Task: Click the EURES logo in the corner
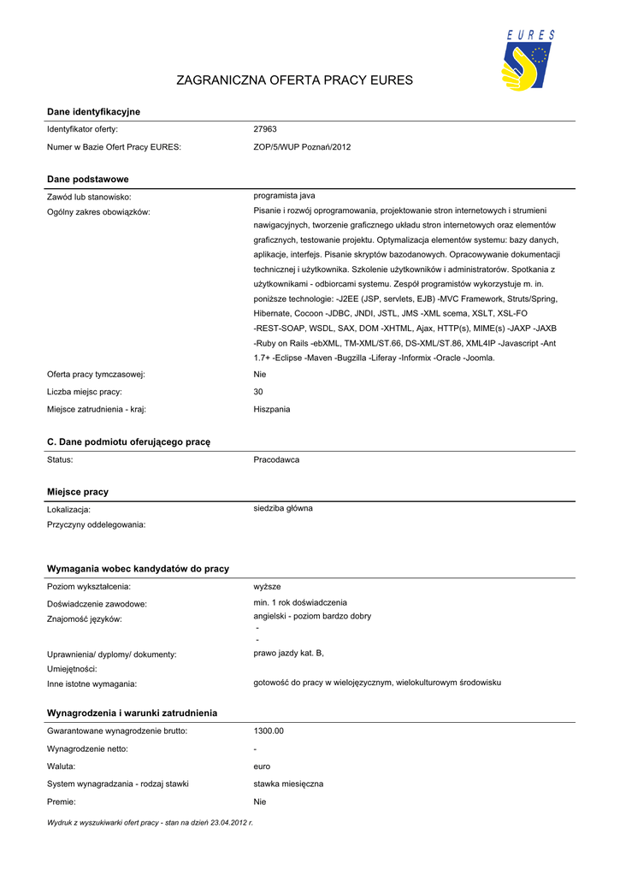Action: pyautogui.click(x=528, y=61)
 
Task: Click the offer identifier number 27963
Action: pyautogui.click(x=265, y=129)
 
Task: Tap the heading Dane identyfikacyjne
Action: pyautogui.click(x=93, y=112)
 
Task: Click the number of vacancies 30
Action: pyautogui.click(x=258, y=392)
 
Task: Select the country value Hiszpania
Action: pyautogui.click(x=272, y=409)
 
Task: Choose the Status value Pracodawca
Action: pyautogui.click(x=276, y=459)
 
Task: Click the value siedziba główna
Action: pyautogui.click(x=283, y=508)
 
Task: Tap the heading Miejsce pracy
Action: pyautogui.click(x=78, y=492)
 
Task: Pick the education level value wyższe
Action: pyautogui.click(x=268, y=586)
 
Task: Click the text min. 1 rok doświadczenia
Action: pyautogui.click(x=300, y=602)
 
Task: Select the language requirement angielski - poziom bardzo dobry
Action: pyautogui.click(x=312, y=616)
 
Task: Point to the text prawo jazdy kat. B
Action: pyautogui.click(x=288, y=654)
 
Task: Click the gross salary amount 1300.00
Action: pyautogui.click(x=269, y=731)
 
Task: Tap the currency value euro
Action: pyautogui.click(x=262, y=766)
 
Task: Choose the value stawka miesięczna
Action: pyautogui.click(x=288, y=784)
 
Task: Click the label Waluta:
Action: pyautogui.click(x=61, y=766)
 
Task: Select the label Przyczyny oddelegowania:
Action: pyautogui.click(x=96, y=524)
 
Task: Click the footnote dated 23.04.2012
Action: pyautogui.click(x=150, y=822)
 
